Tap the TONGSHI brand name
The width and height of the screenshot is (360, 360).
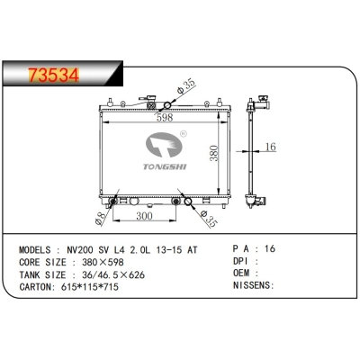157,166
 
